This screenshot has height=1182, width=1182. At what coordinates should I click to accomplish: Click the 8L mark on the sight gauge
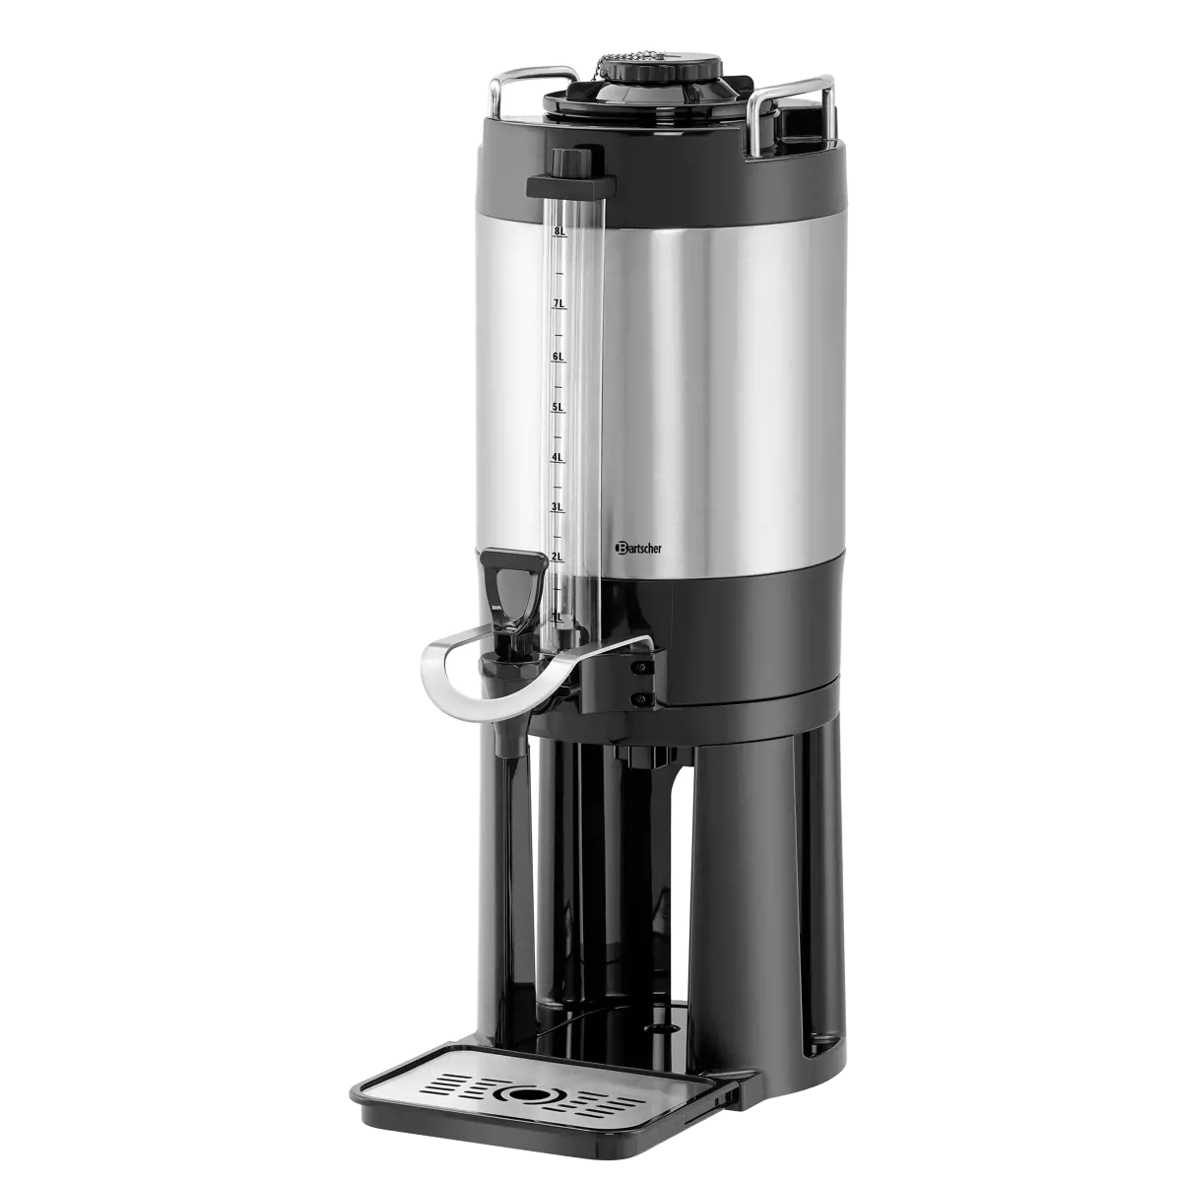tap(560, 232)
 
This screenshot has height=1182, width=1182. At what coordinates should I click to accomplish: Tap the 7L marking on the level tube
tap(559, 304)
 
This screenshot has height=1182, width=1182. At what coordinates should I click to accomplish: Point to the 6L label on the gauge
tap(558, 357)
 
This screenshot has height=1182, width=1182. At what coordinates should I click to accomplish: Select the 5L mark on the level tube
tap(558, 407)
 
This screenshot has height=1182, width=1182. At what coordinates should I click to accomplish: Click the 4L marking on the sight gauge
tap(558, 458)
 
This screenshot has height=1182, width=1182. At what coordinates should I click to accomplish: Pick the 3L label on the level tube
tap(558, 507)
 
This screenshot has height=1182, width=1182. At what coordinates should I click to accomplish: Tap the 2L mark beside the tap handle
tap(558, 558)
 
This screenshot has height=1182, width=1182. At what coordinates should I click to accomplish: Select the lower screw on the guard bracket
tap(642, 699)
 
